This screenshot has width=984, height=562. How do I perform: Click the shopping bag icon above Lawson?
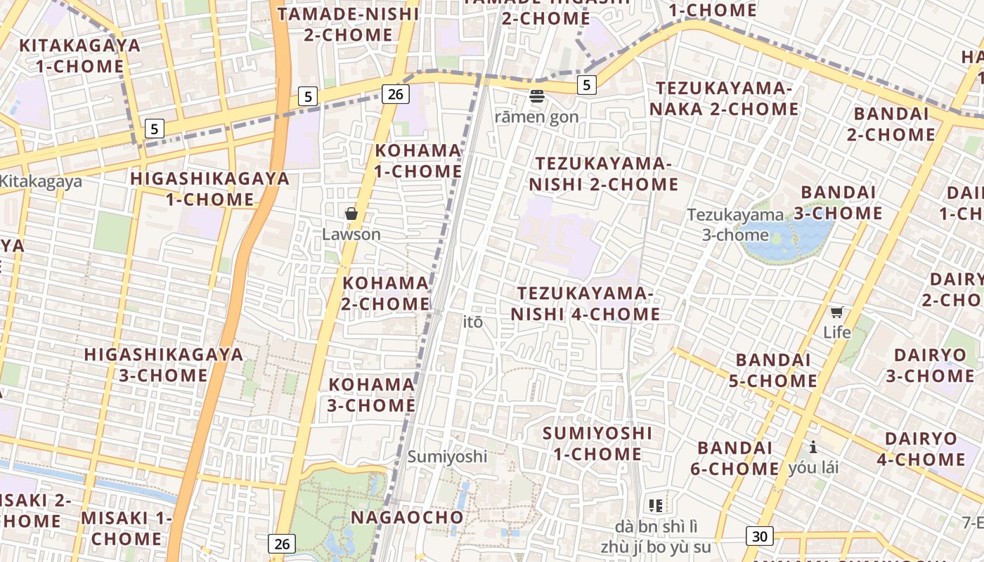[x=351, y=214]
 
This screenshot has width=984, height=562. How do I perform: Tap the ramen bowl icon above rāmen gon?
[x=537, y=96]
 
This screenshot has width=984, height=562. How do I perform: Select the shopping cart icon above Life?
[x=836, y=312]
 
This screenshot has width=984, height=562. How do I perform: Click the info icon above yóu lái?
[x=813, y=447]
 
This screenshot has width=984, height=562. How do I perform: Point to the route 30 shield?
[x=759, y=537]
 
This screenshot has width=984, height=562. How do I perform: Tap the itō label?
[x=474, y=322]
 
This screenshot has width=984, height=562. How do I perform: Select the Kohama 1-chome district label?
[x=417, y=161]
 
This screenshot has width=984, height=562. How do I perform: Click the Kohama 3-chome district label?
[x=372, y=395]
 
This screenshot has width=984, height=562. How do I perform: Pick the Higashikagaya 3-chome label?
[x=164, y=365]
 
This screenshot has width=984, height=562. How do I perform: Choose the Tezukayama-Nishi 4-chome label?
[x=585, y=303]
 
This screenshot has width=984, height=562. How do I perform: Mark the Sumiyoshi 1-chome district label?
[x=597, y=443]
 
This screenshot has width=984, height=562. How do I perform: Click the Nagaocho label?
[x=407, y=518]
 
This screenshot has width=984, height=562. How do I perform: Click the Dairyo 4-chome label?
[x=921, y=449]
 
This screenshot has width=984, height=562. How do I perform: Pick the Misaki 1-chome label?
[x=127, y=528]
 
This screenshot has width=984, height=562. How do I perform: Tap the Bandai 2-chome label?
[x=891, y=124]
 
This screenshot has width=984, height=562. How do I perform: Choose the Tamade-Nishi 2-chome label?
[x=349, y=24]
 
